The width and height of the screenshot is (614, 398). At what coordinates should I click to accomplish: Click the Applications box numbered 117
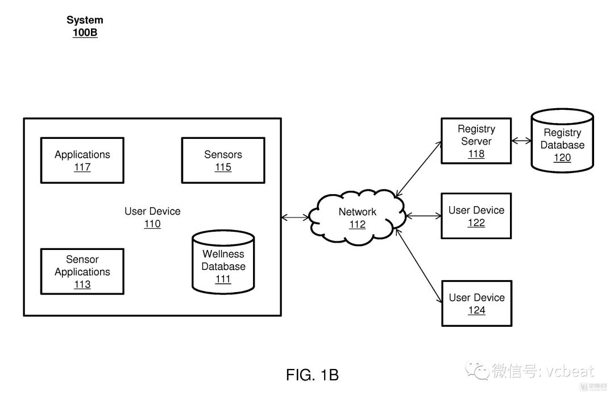pyautogui.click(x=82, y=161)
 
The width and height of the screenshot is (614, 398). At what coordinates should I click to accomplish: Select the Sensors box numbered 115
pyautogui.click(x=223, y=161)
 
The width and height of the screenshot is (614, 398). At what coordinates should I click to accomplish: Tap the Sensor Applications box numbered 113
pyautogui.click(x=82, y=272)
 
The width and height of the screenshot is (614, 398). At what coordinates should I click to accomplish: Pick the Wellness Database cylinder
pyautogui.click(x=223, y=262)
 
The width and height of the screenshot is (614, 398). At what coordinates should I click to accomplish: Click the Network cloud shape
pyautogui.click(x=358, y=218)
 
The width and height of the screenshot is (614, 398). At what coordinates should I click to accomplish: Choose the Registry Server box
pyautogui.click(x=476, y=141)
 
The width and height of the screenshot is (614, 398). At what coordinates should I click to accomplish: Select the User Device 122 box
pyautogui.click(x=476, y=216)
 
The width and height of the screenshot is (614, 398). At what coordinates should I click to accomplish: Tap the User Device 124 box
pyautogui.click(x=476, y=303)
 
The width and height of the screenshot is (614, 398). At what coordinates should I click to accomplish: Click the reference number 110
pyautogui.click(x=152, y=224)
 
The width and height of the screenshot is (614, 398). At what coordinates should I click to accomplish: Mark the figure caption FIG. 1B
pyautogui.click(x=312, y=375)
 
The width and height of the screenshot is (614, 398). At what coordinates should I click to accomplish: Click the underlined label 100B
pyautogui.click(x=85, y=33)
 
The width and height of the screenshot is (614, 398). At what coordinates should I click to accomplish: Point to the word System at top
pyautogui.click(x=85, y=20)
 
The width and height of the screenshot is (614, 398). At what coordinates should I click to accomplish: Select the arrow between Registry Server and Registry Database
pyautogui.click(x=521, y=141)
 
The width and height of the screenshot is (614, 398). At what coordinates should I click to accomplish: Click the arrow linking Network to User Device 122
pyautogui.click(x=424, y=216)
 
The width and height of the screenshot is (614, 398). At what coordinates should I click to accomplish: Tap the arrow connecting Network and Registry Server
pyautogui.click(x=420, y=169)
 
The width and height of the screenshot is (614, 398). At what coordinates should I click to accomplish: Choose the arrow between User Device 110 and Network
pyautogui.click(x=296, y=217)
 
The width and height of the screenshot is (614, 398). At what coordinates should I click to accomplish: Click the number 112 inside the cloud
pyautogui.click(x=357, y=225)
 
